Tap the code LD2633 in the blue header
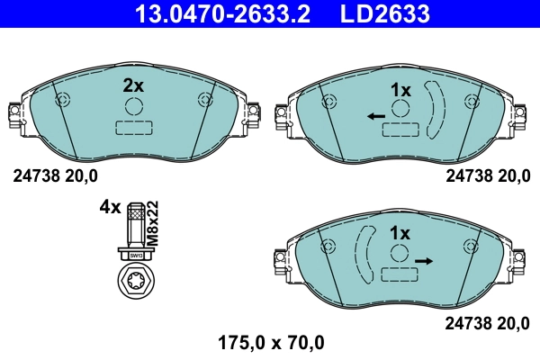click(384, 14)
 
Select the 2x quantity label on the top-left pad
click(133, 86)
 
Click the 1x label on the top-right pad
click(400, 90)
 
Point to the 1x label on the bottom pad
click(400, 233)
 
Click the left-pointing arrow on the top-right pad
click(376, 116)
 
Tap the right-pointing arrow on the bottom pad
click(424, 260)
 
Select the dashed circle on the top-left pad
click(134, 108)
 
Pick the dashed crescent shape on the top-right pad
click(437, 110)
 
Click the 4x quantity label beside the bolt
click(110, 207)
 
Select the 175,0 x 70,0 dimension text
click(270, 342)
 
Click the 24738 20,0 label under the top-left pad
click(54, 176)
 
